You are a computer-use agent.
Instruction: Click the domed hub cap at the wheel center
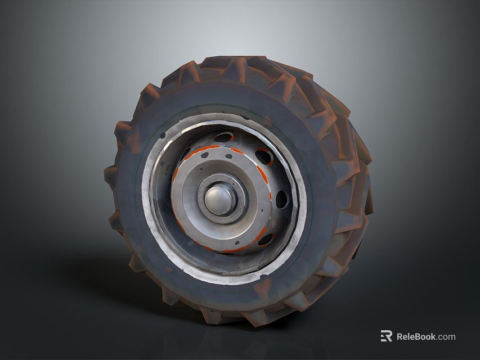click(x=219, y=199)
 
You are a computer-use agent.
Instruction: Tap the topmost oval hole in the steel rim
click(x=224, y=137)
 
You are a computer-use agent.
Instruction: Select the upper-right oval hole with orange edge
click(x=263, y=156)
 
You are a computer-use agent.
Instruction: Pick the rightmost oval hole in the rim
click(x=281, y=199)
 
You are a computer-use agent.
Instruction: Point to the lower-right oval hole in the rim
click(x=265, y=240)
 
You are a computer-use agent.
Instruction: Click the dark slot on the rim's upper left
click(x=185, y=154)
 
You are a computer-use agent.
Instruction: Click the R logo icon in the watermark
click(x=386, y=336)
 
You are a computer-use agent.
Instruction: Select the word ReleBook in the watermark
click(x=416, y=336)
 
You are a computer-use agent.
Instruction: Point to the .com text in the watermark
click(x=446, y=336)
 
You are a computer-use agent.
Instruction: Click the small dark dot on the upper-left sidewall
click(x=163, y=136)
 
